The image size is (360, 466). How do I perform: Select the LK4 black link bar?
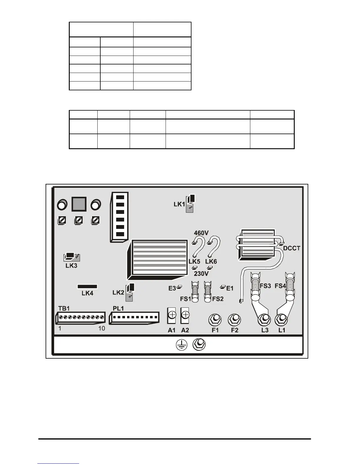pos(87,287)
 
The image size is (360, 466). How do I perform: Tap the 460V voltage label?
pos(201,233)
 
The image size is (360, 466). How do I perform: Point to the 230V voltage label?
pos(201,274)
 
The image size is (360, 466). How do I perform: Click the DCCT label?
pos(291,248)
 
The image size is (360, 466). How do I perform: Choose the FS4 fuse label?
pos(280,286)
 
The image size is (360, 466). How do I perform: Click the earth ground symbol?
pos(182,345)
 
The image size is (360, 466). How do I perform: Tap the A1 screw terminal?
pos(172,315)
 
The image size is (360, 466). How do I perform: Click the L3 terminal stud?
pos(264,319)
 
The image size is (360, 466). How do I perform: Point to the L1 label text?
pos(282,330)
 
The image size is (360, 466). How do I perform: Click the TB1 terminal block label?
pos(64,309)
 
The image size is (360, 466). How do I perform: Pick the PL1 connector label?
pos(118,309)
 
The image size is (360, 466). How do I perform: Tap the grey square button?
pos(79,204)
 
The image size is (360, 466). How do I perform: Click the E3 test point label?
pos(172,289)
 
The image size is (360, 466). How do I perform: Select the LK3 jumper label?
pos(71,266)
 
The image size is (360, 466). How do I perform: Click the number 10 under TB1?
pos(101,329)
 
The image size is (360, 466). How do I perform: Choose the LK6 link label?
pos(211,262)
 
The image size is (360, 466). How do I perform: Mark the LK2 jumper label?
pos(118,292)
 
